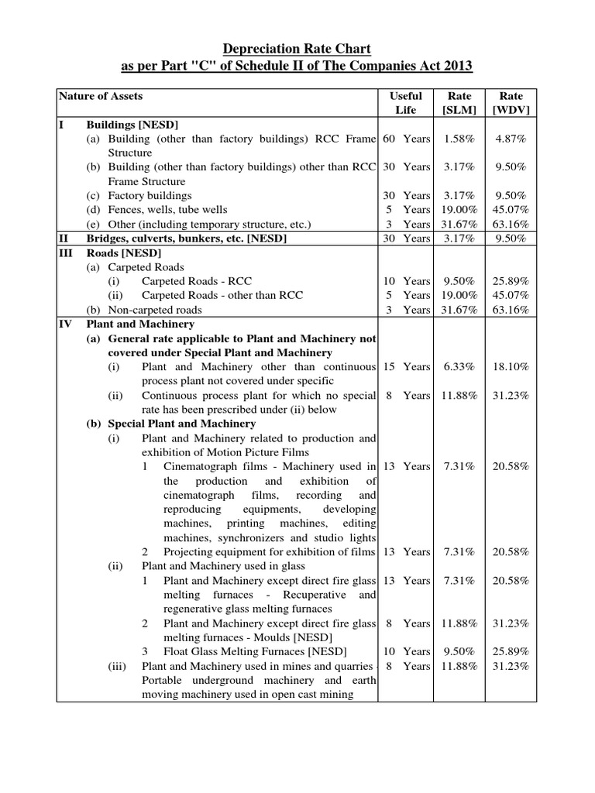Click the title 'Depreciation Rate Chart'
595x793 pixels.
[297, 49]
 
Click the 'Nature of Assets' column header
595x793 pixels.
[101, 96]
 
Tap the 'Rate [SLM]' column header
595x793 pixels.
[459, 103]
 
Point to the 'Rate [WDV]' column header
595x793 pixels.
[511, 103]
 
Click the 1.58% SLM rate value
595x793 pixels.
[459, 139]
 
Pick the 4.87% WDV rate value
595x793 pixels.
[511, 139]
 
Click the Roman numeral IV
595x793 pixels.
[66, 324]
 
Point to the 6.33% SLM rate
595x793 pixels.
[459, 366]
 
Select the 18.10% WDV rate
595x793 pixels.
[511, 366]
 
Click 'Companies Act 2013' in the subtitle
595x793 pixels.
[414, 67]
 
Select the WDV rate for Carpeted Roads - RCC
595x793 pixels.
[511, 281]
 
